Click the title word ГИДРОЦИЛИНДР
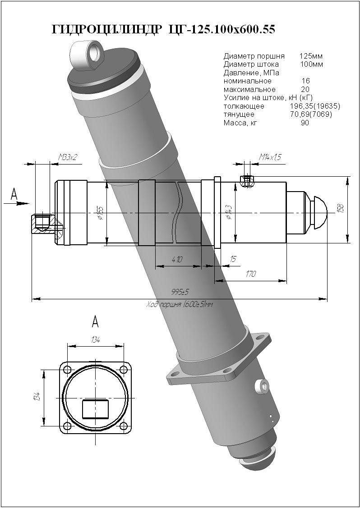pos(106,30)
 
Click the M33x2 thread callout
pos(68,157)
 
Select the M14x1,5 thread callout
pos(270,157)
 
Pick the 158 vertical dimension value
pos(341,208)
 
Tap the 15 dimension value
pos(233,259)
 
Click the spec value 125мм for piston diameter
pos(311,56)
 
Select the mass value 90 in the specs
pos(305,122)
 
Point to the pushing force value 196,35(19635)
pos(314,106)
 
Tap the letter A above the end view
pos(95,321)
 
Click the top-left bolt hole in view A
pos(67,370)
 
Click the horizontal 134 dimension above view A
pos(95,340)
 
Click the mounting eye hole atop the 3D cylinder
pos(96,51)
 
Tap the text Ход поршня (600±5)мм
pos(180,304)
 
